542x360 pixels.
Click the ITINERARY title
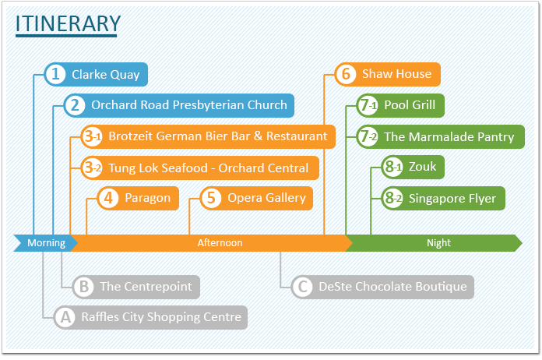(68, 23)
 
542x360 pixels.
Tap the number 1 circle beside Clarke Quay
(55, 74)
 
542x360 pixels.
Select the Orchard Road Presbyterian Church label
(189, 105)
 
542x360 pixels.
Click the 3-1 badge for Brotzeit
(92, 136)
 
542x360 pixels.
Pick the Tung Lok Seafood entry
(209, 168)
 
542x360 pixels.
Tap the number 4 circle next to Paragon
(108, 198)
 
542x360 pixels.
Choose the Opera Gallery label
(266, 198)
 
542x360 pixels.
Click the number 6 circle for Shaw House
(346, 74)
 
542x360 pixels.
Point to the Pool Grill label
(410, 105)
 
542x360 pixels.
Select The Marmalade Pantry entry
(449, 137)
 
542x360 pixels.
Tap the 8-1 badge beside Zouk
(392, 167)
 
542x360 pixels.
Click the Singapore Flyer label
(452, 199)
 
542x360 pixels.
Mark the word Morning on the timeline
(46, 243)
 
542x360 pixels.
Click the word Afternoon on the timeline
(220, 243)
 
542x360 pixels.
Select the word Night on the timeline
(438, 243)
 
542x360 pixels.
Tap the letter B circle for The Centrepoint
(83, 287)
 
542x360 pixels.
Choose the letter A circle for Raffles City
(65, 317)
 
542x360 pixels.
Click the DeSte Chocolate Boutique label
(392, 287)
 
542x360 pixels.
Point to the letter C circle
(303, 287)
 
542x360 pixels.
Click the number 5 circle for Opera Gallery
(211, 198)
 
